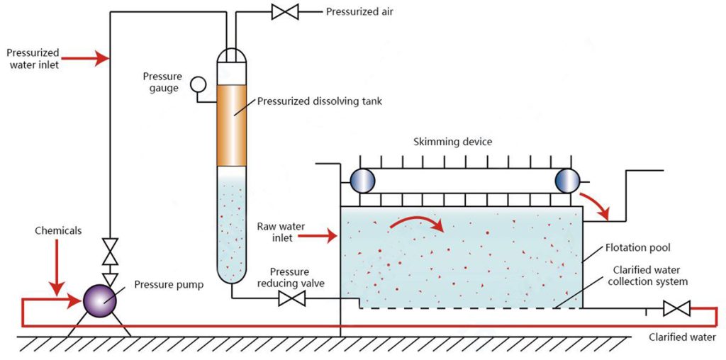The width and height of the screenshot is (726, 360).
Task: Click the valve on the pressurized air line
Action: pyautogui.click(x=285, y=11)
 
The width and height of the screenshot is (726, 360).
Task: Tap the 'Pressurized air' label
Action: pyautogui.click(x=359, y=11)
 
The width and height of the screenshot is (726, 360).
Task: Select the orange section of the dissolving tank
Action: pyautogui.click(x=231, y=125)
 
